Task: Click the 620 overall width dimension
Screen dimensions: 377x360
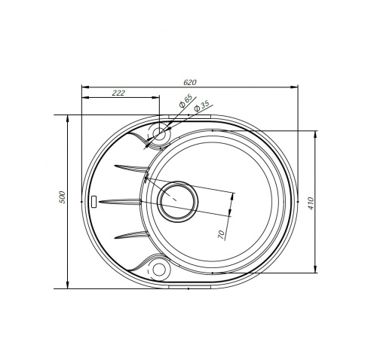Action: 190,82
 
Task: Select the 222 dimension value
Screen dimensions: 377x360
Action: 118,93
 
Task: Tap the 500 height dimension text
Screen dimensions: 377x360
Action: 62,197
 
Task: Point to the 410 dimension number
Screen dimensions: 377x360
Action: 311,203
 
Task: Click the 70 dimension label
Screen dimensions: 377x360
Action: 221,234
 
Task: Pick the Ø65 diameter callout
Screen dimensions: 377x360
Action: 185,101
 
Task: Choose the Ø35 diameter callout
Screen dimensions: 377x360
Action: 201,106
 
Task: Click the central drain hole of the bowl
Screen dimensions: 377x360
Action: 177,202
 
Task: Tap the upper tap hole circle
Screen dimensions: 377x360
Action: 159,133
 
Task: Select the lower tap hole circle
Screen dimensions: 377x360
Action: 159,270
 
